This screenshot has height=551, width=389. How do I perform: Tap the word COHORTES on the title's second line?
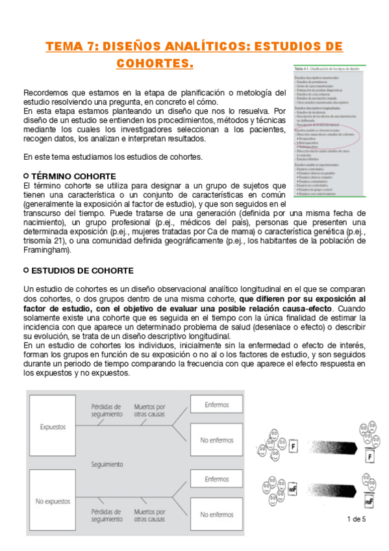point(155,64)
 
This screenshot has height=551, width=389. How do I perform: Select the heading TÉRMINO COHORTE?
point(73,177)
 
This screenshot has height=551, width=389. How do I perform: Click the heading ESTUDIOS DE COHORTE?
point(82,270)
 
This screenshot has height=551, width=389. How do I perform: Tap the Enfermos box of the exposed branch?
point(217,404)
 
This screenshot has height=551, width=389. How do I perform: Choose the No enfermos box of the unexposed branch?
point(217,515)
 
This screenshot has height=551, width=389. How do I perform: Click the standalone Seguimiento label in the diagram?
point(108,465)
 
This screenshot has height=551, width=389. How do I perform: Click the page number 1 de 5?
point(357,519)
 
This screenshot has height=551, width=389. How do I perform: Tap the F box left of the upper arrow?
point(294,447)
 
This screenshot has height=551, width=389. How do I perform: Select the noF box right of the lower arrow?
point(370,502)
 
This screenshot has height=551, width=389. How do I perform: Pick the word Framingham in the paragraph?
point(44,250)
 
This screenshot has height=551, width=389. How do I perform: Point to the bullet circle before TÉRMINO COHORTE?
point(25,177)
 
